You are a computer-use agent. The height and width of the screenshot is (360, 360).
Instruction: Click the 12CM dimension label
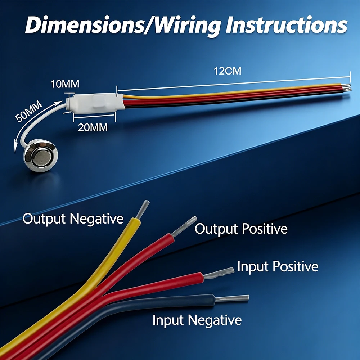(x=227, y=71)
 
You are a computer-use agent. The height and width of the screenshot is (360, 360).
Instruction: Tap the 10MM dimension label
(x=65, y=84)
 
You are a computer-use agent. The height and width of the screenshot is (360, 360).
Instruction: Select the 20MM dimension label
(x=93, y=127)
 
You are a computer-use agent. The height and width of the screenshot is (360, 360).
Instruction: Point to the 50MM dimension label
(x=29, y=111)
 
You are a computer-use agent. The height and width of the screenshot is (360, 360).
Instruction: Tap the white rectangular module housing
(x=96, y=104)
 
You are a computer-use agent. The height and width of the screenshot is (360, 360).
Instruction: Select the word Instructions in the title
(x=286, y=25)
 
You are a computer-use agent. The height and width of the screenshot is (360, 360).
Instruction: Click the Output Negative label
(x=73, y=219)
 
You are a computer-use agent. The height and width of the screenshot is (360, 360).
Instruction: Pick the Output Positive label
(x=241, y=229)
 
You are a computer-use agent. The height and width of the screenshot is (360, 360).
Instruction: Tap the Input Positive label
(x=278, y=266)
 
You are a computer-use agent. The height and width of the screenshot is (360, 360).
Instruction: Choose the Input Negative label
(x=197, y=320)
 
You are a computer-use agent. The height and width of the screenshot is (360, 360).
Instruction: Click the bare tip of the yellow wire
(x=143, y=209)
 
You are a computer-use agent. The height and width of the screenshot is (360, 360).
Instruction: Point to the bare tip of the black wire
(x=232, y=298)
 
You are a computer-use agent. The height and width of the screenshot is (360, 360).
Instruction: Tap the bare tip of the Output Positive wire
(x=184, y=226)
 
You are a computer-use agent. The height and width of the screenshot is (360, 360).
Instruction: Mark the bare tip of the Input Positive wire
(x=219, y=273)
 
